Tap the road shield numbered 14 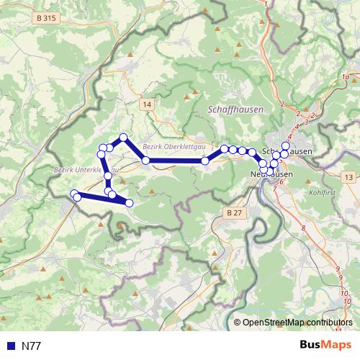pos(148,104)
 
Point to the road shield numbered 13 pos(349,177)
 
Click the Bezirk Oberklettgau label pos(174,146)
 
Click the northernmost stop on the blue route pos(124,137)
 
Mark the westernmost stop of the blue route pos(73,193)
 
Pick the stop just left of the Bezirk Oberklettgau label pos(145,161)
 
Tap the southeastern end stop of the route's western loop pos(130,204)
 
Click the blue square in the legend pos(8,346)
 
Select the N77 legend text pos(31,346)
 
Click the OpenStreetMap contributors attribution pos(297,323)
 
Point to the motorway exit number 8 pos(303,228)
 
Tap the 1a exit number pos(346,76)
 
